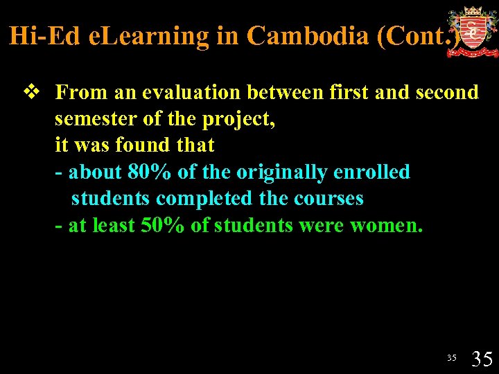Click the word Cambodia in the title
coord(308,36)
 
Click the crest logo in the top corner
coord(471,31)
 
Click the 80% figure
coord(150,172)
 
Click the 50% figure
coord(161,225)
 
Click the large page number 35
coord(482,358)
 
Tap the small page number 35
coord(452,358)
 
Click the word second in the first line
coord(447,92)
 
